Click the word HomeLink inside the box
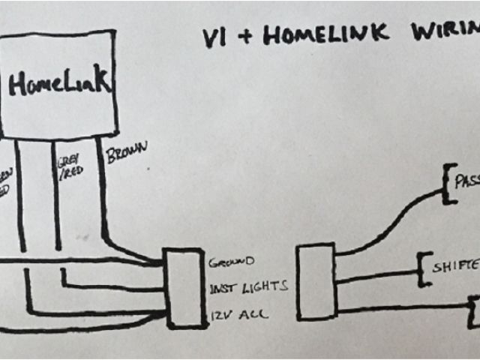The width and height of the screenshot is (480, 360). pyautogui.click(x=60, y=83)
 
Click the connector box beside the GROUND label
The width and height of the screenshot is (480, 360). pyautogui.click(x=186, y=289)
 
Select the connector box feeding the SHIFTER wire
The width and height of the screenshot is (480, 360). pyautogui.click(x=315, y=281)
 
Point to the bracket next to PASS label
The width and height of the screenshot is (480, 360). pyautogui.click(x=448, y=183)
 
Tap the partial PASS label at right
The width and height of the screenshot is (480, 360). pyautogui.click(x=466, y=181)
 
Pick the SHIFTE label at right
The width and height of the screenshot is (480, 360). pyautogui.click(x=454, y=267)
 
